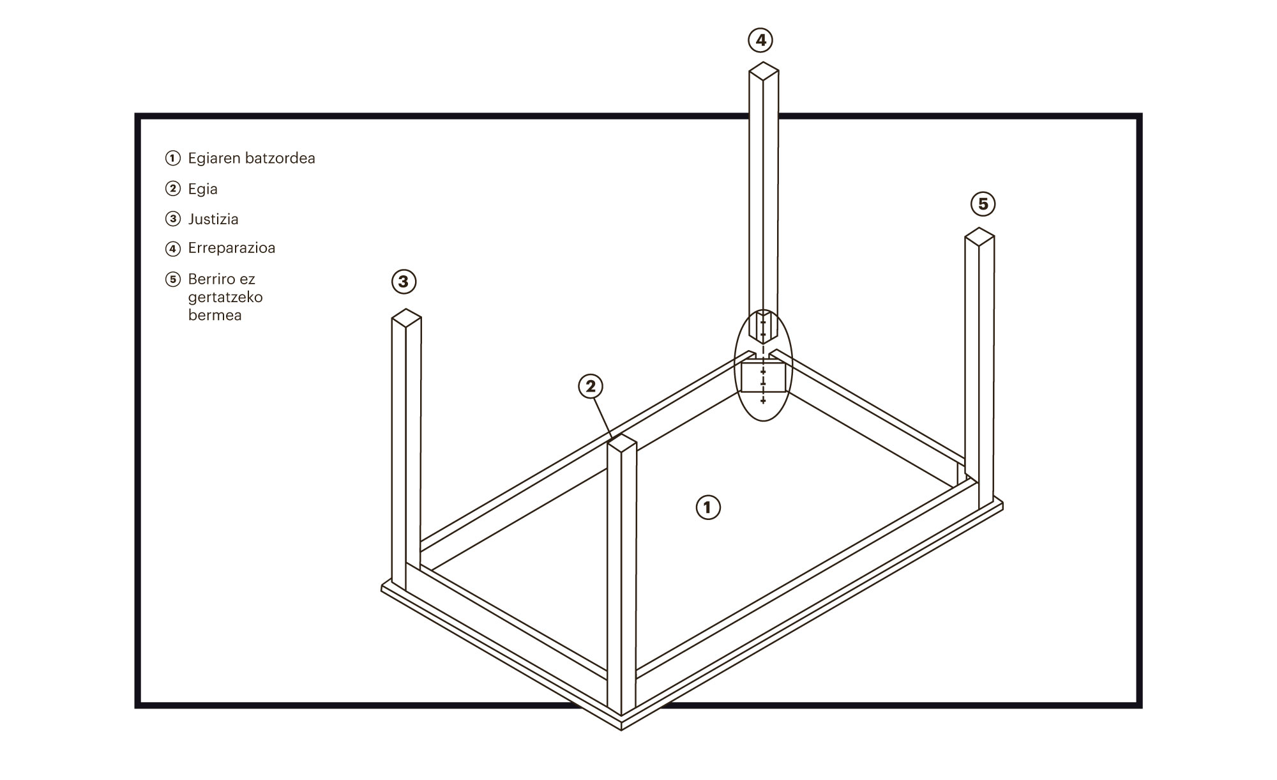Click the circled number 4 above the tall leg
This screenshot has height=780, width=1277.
click(x=760, y=40)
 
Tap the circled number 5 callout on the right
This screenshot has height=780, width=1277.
click(x=983, y=204)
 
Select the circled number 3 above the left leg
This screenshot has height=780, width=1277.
click(x=404, y=281)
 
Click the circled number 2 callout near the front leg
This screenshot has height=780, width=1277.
click(x=591, y=386)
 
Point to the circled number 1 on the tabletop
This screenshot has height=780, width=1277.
click(x=707, y=507)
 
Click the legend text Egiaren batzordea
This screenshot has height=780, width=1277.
click(x=252, y=158)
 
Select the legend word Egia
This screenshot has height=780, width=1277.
click(x=202, y=189)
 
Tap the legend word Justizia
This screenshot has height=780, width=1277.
click(x=213, y=219)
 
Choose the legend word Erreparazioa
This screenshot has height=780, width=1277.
click(x=232, y=248)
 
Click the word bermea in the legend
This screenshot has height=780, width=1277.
click(x=215, y=316)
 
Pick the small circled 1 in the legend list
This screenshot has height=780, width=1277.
click(x=173, y=158)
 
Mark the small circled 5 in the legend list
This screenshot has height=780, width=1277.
click(x=173, y=279)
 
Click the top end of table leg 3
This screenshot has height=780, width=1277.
click(x=406, y=317)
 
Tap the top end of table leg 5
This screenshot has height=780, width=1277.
click(x=979, y=236)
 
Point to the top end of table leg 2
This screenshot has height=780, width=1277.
click(x=622, y=443)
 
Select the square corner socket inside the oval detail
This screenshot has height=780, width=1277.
click(x=763, y=376)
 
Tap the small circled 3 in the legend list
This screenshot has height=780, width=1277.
click(x=173, y=219)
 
